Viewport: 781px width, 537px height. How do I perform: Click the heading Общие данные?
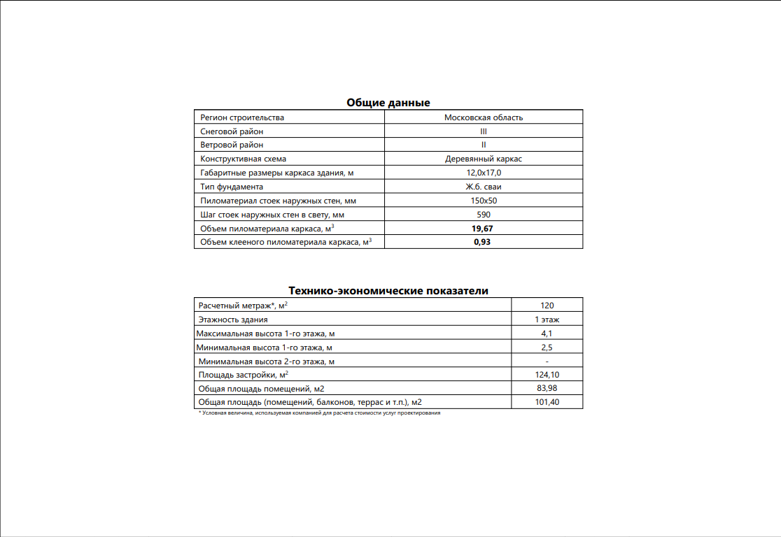point(388,103)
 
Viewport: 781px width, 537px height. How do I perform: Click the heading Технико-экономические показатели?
point(388,291)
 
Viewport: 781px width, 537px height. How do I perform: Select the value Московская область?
point(484,117)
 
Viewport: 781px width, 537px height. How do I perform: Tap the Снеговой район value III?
point(484,131)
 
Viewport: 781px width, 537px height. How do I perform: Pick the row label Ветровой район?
point(232,145)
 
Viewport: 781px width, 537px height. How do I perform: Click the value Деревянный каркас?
point(484,159)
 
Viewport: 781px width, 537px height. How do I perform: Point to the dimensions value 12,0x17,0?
point(484,173)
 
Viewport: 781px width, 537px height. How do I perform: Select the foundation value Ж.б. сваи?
point(484,187)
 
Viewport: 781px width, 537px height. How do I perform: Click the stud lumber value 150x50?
point(484,201)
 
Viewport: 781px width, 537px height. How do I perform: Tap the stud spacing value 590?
point(484,215)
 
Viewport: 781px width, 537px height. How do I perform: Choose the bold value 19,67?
point(484,228)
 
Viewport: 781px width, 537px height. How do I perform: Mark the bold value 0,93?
point(484,242)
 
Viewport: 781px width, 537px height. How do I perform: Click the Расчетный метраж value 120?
point(547,306)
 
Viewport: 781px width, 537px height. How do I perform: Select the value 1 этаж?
point(547,320)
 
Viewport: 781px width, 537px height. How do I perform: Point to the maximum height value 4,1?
point(547,334)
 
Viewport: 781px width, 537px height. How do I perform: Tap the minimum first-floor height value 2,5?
point(547,348)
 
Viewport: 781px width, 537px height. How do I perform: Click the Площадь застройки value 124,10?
point(547,375)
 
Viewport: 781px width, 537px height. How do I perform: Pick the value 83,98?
point(547,388)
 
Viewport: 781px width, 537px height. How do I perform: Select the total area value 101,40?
point(547,402)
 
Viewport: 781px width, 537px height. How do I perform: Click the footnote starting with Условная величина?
point(320,413)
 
